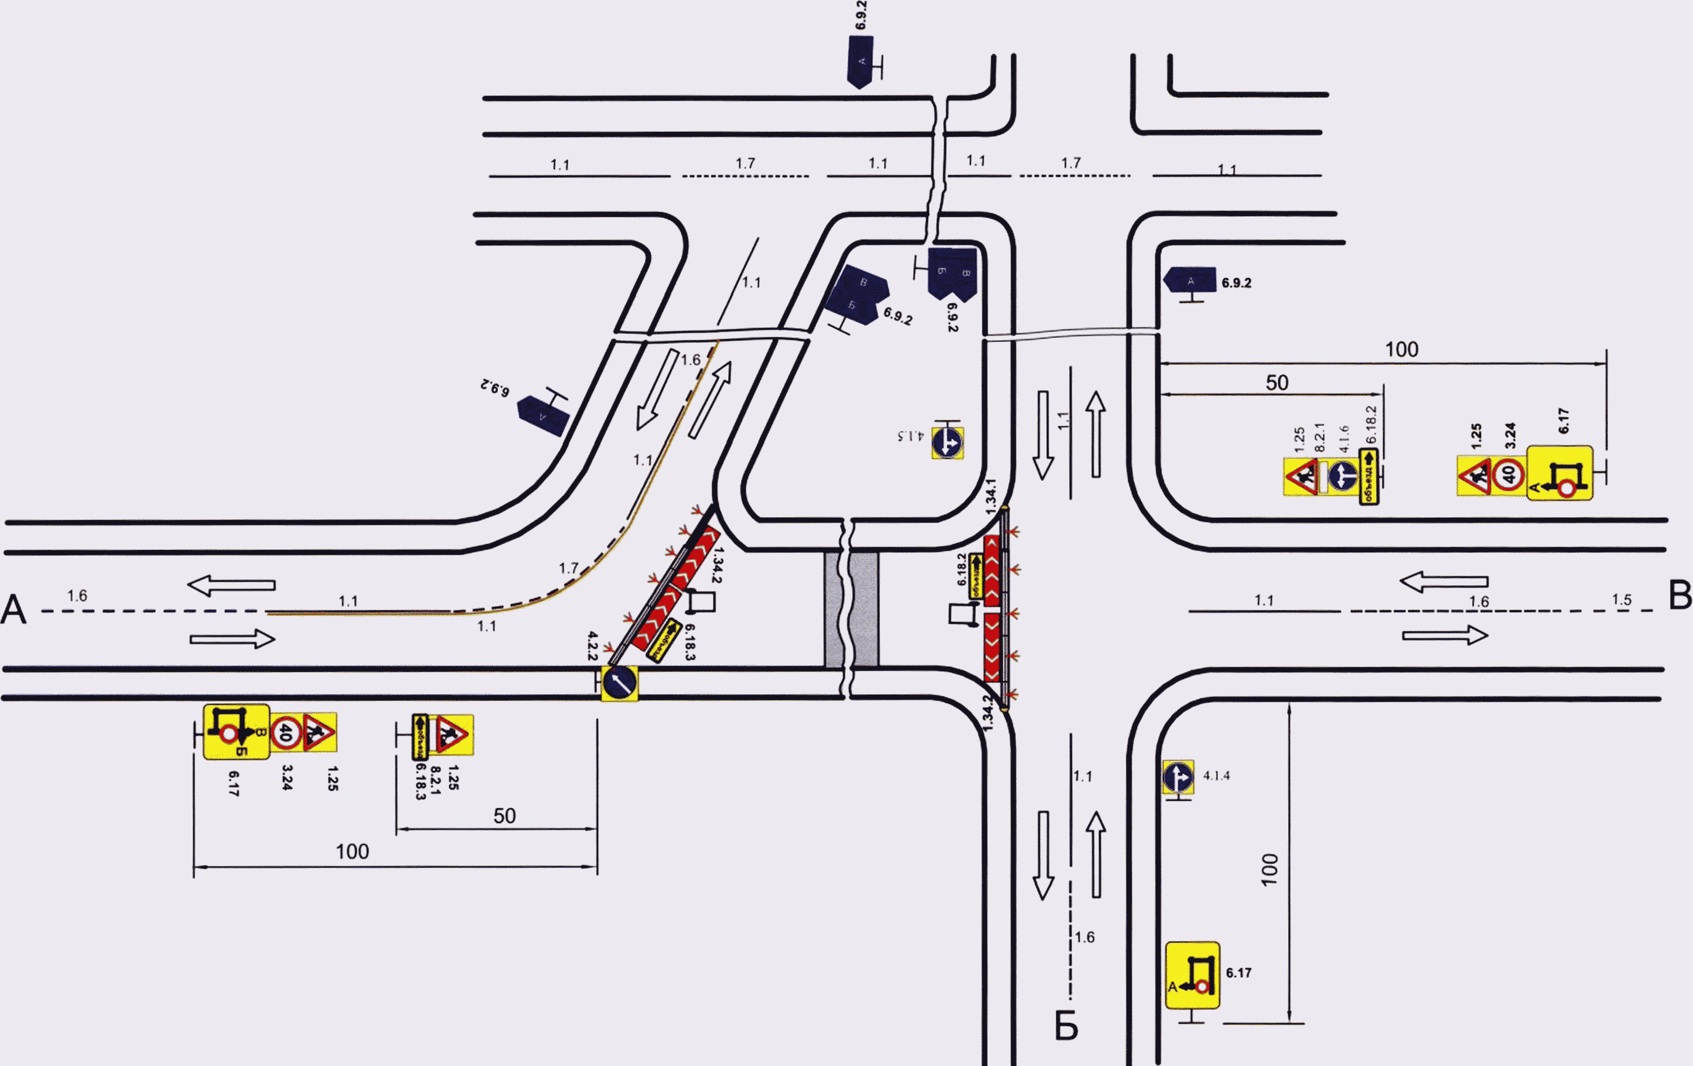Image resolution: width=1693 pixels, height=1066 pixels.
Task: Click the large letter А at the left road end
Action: pos(13,610)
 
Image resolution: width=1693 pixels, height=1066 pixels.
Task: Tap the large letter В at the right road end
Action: pos(1680,596)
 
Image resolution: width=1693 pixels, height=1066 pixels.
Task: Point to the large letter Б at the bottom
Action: pos(1066,1027)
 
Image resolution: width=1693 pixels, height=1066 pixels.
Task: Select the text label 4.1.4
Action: pos(1216,775)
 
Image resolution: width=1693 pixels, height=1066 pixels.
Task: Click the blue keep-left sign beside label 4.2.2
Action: pos(619,683)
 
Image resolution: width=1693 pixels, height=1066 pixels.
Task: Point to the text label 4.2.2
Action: pos(592,645)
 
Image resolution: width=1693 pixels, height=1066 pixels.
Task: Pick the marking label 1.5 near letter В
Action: pos(1622,600)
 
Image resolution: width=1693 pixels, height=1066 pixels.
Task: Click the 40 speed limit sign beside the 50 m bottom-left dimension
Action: pos(285,733)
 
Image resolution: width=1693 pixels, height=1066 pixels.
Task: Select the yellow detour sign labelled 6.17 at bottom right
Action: pos(1192,975)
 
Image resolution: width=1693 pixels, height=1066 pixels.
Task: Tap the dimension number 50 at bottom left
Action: pos(504,816)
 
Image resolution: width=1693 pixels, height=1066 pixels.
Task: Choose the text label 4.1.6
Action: pos(1344,439)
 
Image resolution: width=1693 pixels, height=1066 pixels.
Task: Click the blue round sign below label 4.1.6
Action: pos(1343,477)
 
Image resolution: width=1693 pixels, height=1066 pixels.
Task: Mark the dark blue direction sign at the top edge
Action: pos(861,62)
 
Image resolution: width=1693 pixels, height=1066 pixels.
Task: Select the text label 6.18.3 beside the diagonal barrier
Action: pos(689,642)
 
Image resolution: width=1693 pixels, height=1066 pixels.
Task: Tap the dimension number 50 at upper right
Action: pos(1277,382)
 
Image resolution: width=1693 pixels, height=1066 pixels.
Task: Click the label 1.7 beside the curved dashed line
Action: pos(568,568)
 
